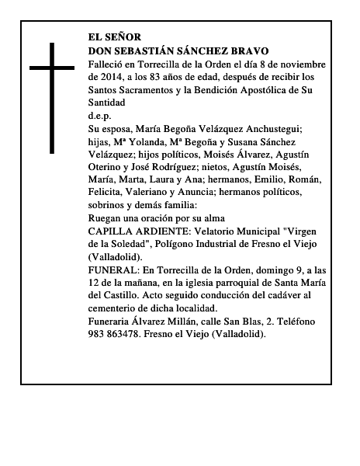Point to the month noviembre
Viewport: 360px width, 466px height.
(x=302, y=63)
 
